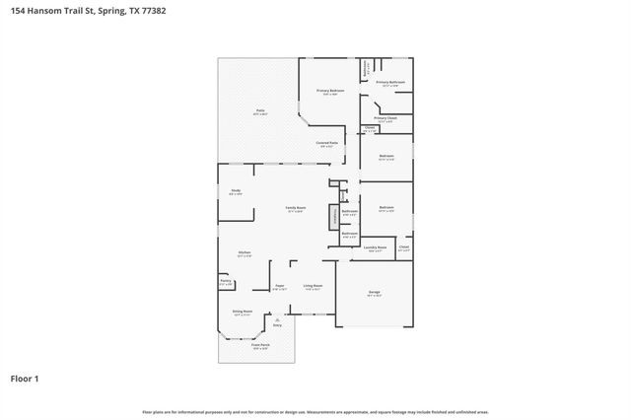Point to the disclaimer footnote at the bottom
(315, 411)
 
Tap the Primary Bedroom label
(329, 92)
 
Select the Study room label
(236, 191)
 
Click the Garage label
(375, 293)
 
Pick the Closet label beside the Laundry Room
(403, 248)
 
